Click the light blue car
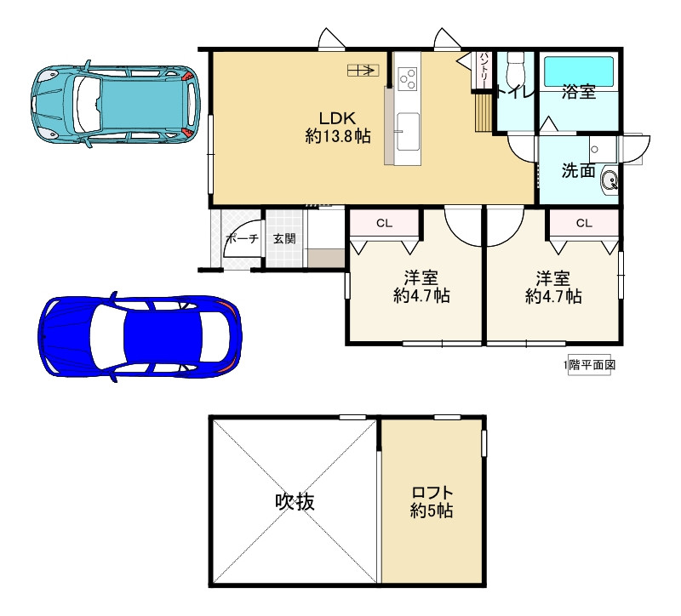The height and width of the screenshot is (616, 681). click(x=116, y=105)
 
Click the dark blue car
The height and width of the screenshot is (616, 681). click(x=140, y=336)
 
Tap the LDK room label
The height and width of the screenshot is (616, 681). click(x=338, y=118)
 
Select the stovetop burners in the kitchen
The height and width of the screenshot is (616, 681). click(x=408, y=79)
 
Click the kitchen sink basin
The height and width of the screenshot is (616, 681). click(x=408, y=132)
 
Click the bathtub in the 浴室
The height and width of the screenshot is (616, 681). click(x=579, y=71)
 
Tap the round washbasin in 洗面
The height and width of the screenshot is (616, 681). click(x=609, y=180)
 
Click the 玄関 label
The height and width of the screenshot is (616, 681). click(x=284, y=238)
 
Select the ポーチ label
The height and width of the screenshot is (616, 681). click(x=242, y=238)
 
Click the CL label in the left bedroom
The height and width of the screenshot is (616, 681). click(x=385, y=224)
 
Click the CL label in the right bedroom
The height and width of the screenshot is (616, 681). click(x=584, y=223)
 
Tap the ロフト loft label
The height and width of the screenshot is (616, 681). click(x=432, y=493)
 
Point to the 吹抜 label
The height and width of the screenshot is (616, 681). click(x=295, y=502)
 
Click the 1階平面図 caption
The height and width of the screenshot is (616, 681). click(x=589, y=365)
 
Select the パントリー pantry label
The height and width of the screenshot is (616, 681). click(x=484, y=70)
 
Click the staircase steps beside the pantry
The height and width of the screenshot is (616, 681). click(x=483, y=112)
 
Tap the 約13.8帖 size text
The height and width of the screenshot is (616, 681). click(x=338, y=137)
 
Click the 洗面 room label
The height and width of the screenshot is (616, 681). click(x=578, y=171)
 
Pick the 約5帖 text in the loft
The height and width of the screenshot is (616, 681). click(x=432, y=510)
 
